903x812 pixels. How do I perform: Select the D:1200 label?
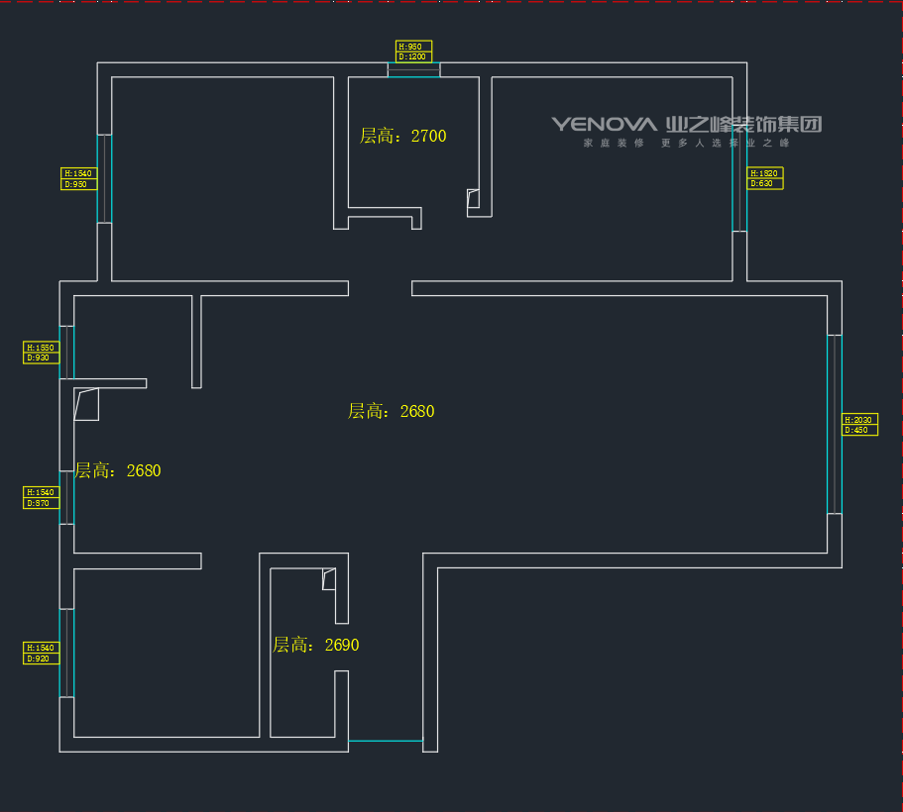[413, 57]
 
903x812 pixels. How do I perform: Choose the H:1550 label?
[42, 348]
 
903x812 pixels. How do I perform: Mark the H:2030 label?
[859, 419]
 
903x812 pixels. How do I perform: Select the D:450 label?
[859, 430]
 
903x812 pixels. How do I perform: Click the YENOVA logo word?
[605, 124]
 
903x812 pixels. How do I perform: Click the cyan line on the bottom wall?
[386, 741]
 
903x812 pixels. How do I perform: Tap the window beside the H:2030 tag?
[834, 424]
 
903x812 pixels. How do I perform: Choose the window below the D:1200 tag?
[413, 70]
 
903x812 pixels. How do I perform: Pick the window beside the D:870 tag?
[68, 497]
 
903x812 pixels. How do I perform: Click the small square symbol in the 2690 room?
[329, 579]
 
